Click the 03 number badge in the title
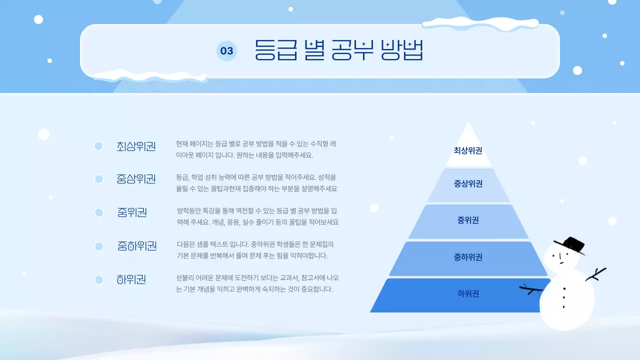(226, 51)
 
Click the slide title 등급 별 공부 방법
(339, 50)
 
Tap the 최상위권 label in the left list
(136, 146)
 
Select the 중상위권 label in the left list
(136, 178)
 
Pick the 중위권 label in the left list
(132, 212)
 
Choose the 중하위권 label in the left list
(137, 246)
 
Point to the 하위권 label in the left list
(131, 279)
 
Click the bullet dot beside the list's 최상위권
(98, 146)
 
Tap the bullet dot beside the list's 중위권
(98, 212)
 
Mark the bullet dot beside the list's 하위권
(98, 280)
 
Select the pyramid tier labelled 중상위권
(468, 184)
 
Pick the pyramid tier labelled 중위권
(468, 220)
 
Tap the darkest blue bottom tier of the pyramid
(460, 295)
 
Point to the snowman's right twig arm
(596, 274)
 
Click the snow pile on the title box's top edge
(480, 22)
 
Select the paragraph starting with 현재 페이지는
(256, 149)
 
